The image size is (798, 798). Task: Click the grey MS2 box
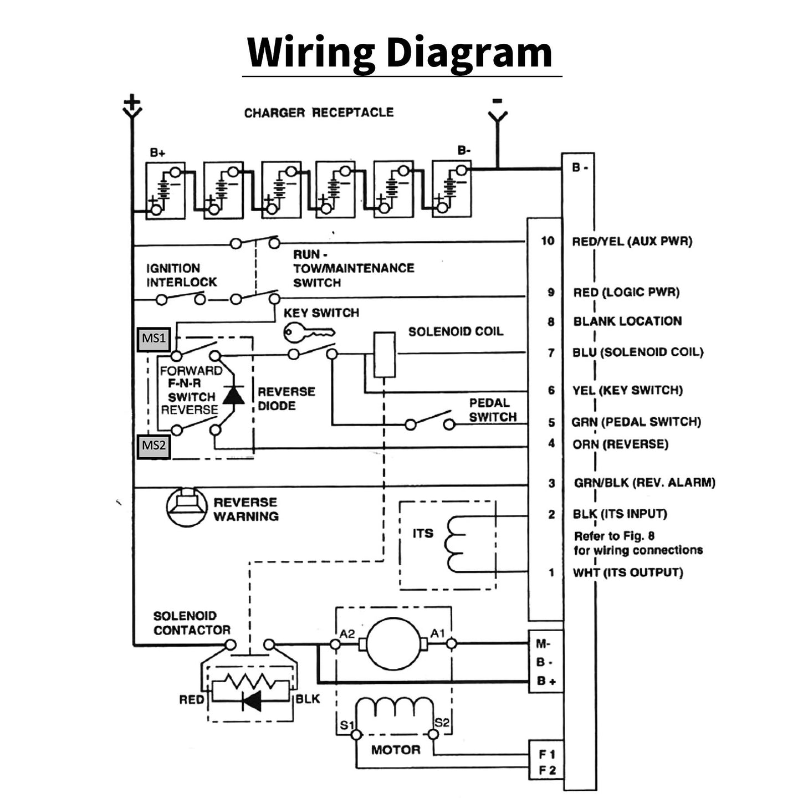point(154,446)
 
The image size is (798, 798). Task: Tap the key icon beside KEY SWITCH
point(308,333)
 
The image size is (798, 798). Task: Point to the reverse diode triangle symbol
point(233,395)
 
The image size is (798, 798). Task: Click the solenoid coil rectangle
point(385,355)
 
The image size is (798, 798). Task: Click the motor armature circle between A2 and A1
point(393,643)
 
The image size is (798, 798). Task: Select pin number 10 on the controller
point(548,241)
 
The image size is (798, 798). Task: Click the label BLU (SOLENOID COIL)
point(637,352)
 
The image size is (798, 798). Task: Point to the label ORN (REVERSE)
point(620,444)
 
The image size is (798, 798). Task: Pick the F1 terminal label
point(546,754)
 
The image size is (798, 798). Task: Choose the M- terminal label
point(543,644)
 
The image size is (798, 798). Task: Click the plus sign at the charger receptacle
point(132,103)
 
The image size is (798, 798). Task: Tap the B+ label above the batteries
point(157,152)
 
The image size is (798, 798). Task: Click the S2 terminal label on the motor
point(442,723)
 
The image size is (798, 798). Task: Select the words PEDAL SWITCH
point(493,410)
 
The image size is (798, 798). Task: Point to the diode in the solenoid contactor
point(252,701)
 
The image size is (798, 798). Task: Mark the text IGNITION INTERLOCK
point(181,275)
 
